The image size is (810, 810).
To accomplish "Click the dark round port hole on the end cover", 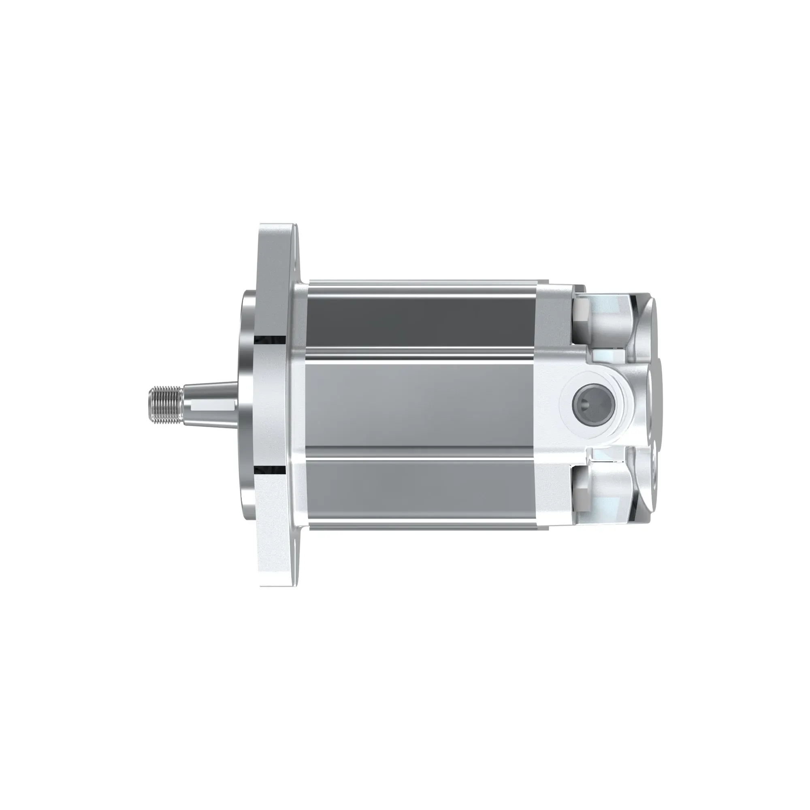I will (592, 404).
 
